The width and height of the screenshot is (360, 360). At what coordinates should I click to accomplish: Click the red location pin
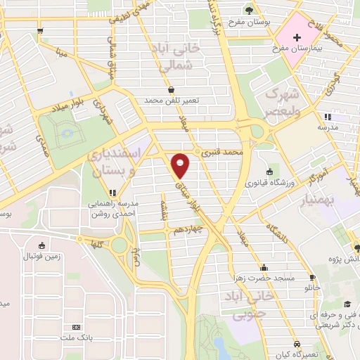coord(181,165)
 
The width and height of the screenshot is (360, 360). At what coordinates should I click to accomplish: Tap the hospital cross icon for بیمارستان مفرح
coord(296,34)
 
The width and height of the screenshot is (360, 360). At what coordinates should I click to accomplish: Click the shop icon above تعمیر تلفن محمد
coord(172,89)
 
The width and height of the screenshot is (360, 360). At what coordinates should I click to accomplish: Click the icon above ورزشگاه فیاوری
coord(269,172)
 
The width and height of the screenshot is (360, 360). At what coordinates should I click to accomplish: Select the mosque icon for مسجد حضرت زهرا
coord(264,267)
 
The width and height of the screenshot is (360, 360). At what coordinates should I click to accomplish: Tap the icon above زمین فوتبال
coord(43,245)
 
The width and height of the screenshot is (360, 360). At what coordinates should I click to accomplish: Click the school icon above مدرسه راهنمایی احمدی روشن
coord(112,192)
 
